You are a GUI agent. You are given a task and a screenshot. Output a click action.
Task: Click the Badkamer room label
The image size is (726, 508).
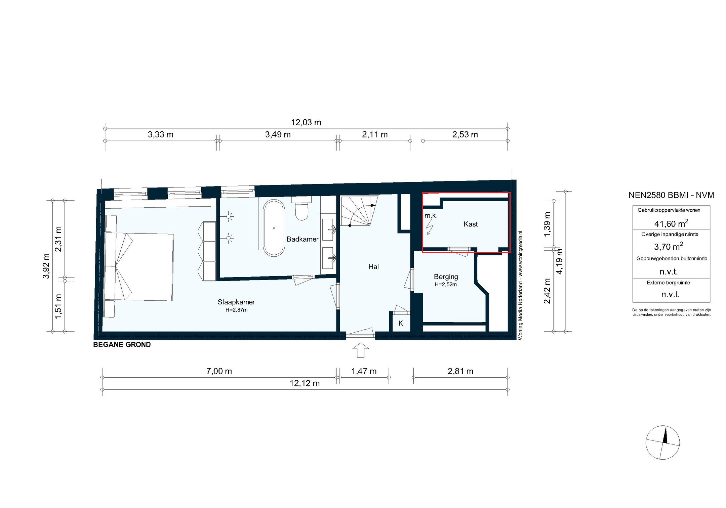point(302,239)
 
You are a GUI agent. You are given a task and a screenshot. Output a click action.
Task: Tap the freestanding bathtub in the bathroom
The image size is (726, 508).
point(274,228)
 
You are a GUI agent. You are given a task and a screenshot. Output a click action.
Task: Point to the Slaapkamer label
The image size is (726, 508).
point(236,302)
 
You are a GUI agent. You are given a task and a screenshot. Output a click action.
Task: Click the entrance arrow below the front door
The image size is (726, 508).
point(360,350)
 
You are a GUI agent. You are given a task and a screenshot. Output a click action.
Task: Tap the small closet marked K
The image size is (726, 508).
point(401,324)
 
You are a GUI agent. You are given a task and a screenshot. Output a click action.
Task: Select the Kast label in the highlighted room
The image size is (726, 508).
point(470,224)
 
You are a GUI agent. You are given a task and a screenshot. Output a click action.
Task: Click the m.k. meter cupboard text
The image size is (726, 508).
point(431,216)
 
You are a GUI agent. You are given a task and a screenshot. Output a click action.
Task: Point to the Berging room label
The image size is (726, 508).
point(446,277)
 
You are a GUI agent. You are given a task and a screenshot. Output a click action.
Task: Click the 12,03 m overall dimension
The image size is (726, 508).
point(306,123)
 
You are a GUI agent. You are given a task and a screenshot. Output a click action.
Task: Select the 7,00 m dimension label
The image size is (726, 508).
point(219,371)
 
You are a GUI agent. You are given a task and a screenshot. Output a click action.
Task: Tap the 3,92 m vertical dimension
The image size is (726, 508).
point(46,266)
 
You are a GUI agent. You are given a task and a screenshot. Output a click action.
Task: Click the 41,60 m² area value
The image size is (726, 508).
point(671,223)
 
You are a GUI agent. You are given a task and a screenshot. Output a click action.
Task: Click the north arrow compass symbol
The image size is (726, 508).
point(662,442)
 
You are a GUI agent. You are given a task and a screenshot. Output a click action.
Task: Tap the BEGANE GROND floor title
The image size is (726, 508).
point(122,345)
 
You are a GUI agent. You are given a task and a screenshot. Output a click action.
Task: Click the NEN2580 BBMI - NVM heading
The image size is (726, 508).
point(671,195)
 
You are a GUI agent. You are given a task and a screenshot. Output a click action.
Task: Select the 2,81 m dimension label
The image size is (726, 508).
point(460,371)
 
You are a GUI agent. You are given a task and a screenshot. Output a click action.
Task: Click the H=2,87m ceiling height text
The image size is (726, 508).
point(236,310)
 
